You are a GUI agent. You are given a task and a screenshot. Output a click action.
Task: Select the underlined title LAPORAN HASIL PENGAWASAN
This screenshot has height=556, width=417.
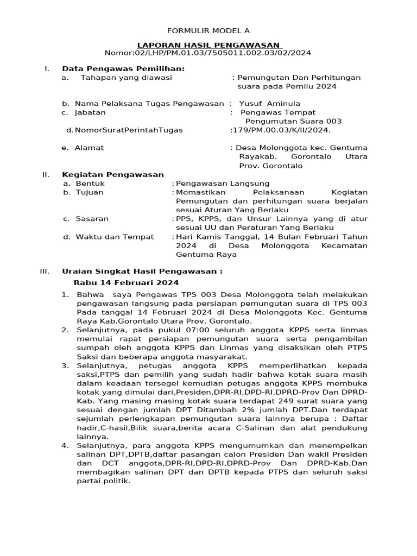208,45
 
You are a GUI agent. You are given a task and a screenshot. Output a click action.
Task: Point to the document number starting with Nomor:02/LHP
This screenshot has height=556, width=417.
208,53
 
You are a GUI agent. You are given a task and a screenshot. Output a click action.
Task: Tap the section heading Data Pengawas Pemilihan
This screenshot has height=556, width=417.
123,68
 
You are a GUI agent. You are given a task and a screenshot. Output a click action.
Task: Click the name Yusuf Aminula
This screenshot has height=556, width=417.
270,103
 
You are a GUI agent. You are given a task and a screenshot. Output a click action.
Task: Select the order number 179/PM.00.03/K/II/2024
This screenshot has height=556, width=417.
281,130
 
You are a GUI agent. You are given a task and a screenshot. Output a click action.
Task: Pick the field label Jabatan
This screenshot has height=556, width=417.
90,112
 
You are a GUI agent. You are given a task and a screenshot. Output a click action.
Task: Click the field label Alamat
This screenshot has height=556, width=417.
90,148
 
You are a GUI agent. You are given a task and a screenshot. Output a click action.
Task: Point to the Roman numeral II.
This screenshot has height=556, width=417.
46,175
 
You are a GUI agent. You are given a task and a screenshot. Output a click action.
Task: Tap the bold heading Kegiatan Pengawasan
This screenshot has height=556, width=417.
113,175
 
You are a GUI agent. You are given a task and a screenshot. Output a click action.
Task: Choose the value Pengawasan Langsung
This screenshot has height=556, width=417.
223,184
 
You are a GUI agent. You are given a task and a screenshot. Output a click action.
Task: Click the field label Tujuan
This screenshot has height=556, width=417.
90,192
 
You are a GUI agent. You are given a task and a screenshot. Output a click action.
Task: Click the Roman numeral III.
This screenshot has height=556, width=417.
45,271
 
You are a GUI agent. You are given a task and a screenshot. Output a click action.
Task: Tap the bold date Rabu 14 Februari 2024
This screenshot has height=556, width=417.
126,283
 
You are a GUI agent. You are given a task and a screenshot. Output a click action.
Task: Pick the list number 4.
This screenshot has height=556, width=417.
65,445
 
